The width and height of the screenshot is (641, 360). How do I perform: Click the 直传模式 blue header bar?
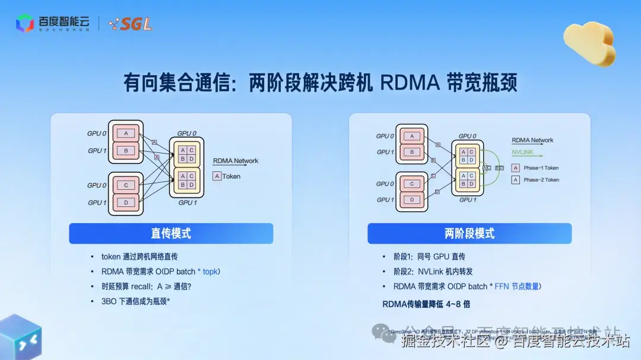pyautogui.click(x=171, y=233)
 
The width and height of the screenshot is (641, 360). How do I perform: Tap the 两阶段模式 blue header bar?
pyautogui.click(x=469, y=233)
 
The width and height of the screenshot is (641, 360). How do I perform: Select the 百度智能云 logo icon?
pyautogui.click(x=24, y=24)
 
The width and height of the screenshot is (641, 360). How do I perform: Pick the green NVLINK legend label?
pyautogui.click(x=523, y=152)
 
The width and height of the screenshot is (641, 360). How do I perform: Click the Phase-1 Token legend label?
pyautogui.click(x=541, y=168)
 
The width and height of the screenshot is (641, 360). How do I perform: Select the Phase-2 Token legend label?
pyautogui.click(x=541, y=180)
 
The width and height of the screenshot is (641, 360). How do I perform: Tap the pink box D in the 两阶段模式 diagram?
pyautogui.click(x=412, y=200)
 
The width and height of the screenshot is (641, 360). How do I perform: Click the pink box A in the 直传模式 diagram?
pyautogui.click(x=126, y=133)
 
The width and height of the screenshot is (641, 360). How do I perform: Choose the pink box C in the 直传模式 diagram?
pyautogui.click(x=126, y=185)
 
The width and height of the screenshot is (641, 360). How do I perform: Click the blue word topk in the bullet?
pyautogui.click(x=211, y=272)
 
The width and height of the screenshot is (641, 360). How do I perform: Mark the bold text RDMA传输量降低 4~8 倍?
pyautogui.click(x=426, y=304)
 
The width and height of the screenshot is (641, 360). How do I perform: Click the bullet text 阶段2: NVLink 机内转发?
pyautogui.click(x=433, y=272)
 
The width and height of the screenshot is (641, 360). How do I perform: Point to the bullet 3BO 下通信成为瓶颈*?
pyautogui.click(x=136, y=301)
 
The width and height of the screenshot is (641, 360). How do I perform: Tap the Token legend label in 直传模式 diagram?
pyautogui.click(x=231, y=176)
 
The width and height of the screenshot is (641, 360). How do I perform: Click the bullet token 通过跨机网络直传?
pyautogui.click(x=139, y=257)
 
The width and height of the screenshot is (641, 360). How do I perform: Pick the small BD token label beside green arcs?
pyautogui.click(x=500, y=168)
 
